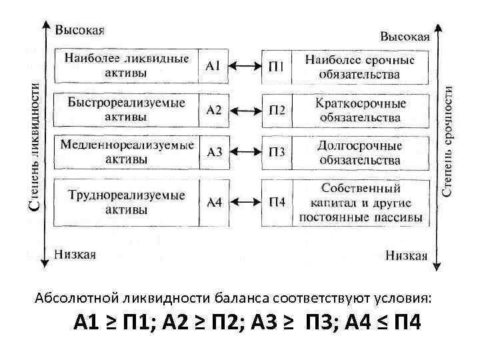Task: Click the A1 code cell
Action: [x=213, y=66]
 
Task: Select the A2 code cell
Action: [x=213, y=110]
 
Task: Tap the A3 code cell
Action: [x=214, y=152]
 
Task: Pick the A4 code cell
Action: [x=213, y=202]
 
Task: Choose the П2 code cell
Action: [x=277, y=110]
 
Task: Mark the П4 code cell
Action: [x=277, y=202]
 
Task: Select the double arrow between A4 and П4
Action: [x=245, y=202]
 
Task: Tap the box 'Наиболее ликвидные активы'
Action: [x=126, y=65]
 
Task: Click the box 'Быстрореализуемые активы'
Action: [x=126, y=109]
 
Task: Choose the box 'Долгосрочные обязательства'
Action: [x=360, y=152]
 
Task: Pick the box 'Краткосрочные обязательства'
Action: [x=360, y=109]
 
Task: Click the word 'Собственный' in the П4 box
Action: [x=361, y=188]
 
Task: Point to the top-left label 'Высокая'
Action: [x=79, y=30]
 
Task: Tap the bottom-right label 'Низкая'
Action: [x=406, y=255]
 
